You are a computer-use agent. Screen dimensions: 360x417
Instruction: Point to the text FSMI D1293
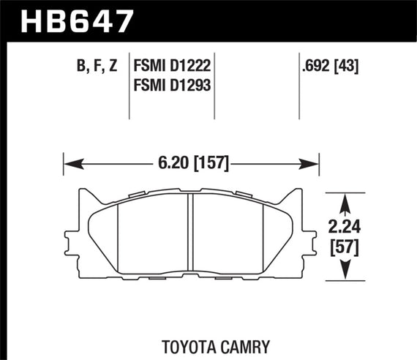click(172, 85)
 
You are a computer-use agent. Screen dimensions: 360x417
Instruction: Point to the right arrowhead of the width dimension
click(315, 164)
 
